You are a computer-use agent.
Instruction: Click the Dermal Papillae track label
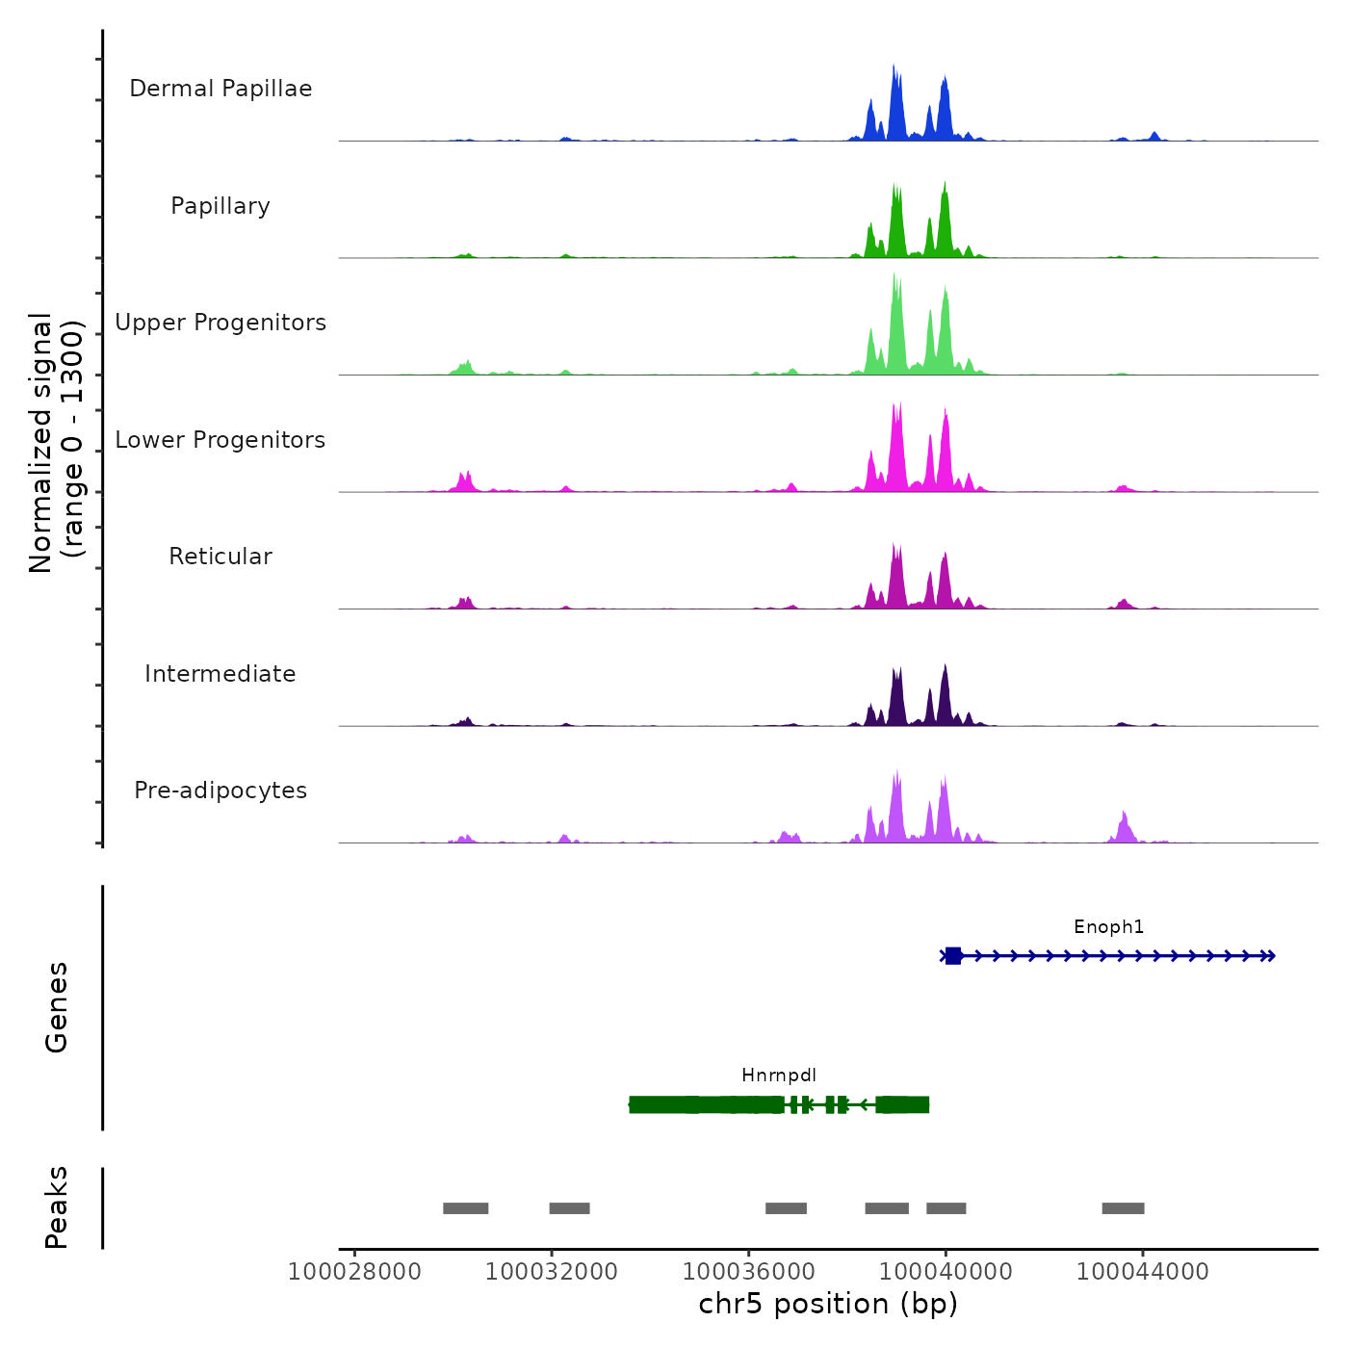point(220,89)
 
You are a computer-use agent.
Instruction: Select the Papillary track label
point(220,206)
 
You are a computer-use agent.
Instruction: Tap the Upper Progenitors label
point(220,323)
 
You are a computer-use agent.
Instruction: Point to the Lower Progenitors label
point(220,440)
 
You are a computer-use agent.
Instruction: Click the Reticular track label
point(220,557)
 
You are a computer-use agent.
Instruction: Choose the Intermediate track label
point(220,674)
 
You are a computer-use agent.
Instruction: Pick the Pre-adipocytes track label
point(220,791)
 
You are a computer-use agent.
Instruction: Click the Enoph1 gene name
point(1109,927)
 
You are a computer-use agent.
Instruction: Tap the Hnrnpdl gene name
point(779,1076)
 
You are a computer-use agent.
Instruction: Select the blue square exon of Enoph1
point(953,956)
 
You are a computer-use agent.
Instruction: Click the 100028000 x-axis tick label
point(354,1272)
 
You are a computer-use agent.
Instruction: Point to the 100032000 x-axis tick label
point(552,1272)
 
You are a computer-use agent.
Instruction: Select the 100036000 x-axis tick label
point(749,1272)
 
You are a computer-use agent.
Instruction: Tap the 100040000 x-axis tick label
point(946,1272)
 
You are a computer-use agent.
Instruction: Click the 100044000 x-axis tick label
point(1143,1272)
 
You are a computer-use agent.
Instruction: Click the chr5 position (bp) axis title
point(828,1305)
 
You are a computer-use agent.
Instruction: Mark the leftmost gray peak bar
point(466,1208)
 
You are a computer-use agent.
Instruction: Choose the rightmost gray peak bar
point(1123,1208)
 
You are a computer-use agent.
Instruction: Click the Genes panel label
point(57,1007)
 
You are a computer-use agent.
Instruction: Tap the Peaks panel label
point(57,1207)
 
